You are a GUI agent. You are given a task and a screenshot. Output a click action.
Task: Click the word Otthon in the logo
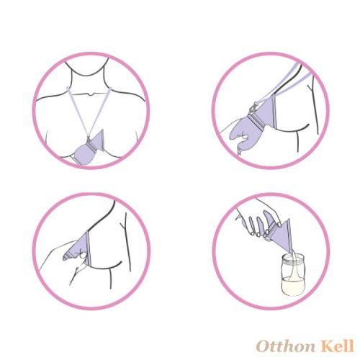pyautogui.click(x=286, y=346)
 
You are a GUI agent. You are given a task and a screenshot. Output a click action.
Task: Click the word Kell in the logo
pyautogui.click(x=338, y=346)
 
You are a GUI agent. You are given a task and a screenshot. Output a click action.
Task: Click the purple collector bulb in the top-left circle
pyautogui.click(x=84, y=153)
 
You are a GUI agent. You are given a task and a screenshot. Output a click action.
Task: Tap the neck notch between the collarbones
pyautogui.click(x=90, y=94)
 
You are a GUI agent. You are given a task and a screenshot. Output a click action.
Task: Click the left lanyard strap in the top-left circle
pyautogui.click(x=77, y=112)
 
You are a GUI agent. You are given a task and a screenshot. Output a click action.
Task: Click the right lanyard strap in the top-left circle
pyautogui.click(x=99, y=112)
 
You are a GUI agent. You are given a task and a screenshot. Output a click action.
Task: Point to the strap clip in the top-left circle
pyautogui.click(x=89, y=140)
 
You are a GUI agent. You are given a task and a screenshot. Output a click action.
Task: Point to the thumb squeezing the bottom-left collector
pyautogui.click(x=83, y=255)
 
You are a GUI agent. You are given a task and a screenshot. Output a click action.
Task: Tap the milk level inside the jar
pyautogui.click(x=293, y=286)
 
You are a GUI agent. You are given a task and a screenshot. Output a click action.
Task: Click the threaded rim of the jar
pyautogui.click(x=293, y=258)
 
